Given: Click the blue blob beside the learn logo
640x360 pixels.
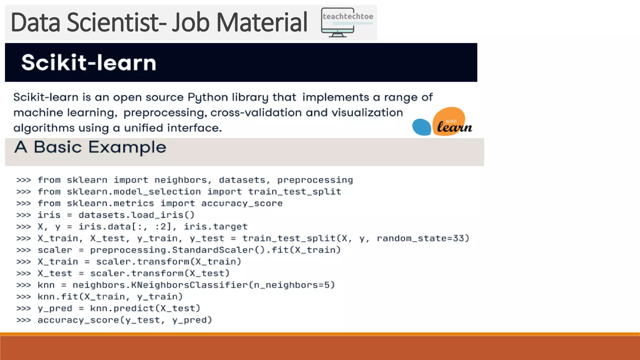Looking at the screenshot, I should pos(422,127).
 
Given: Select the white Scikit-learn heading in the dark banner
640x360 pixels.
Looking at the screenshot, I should pos(89,62).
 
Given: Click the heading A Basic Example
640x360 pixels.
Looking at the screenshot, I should pos(90,147).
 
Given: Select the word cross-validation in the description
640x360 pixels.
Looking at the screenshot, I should pos(256,112).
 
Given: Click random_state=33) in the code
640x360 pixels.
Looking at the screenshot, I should pos(423,238).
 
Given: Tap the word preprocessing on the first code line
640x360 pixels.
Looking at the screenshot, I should pos(315,180).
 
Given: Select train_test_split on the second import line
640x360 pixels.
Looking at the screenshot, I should pos(295,192).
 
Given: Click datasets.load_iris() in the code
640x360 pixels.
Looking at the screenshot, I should pos(137,215).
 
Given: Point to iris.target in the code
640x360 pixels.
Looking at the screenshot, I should pos(216,227).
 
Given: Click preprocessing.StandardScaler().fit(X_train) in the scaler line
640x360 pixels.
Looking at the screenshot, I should pos(215,250).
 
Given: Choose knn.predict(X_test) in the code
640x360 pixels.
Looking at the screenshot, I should pos(145,308).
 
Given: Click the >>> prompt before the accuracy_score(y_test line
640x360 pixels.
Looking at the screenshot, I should pos(24,320).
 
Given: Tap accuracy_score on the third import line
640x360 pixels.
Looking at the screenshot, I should pos(242,203).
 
